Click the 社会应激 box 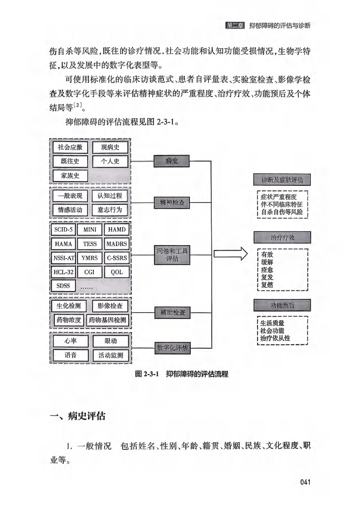coord(70,148)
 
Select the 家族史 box coord(70,175)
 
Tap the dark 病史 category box coord(171,161)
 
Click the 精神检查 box coord(171,204)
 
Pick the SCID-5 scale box coord(63,230)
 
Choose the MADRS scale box coord(116,244)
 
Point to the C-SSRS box coord(116,258)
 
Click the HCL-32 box coord(63,272)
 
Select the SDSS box coord(63,286)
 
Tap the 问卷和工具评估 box coord(171,255)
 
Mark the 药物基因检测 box coord(107,320)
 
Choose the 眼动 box coord(110,341)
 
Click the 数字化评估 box coord(172,348)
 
